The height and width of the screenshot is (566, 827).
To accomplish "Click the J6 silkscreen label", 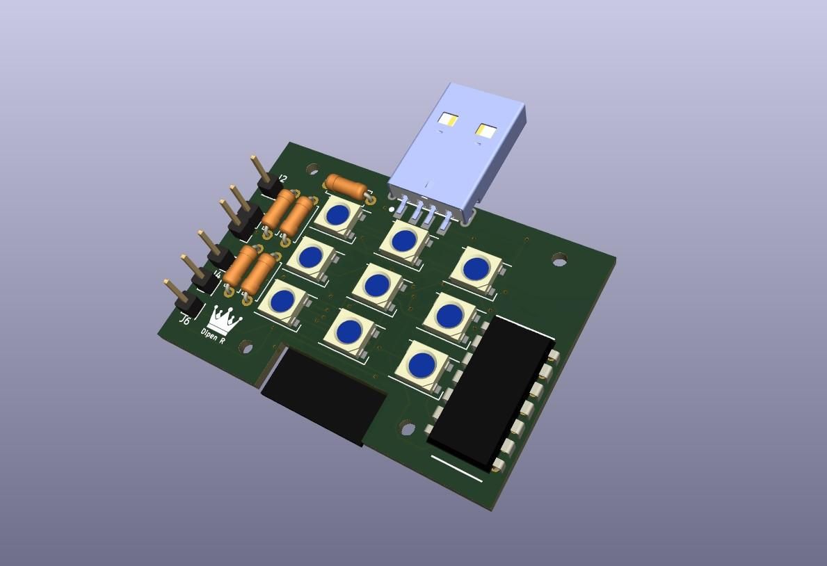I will [x=184, y=321].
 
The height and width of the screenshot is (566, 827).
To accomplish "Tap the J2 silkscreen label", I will [x=282, y=179].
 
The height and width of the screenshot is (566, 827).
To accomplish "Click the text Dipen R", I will [x=213, y=336].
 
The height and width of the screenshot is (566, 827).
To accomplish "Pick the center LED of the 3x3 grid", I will [x=377, y=284].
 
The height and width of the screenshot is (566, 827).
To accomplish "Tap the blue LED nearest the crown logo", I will [x=282, y=301].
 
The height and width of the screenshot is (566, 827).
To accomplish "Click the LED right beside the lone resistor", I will [x=337, y=215].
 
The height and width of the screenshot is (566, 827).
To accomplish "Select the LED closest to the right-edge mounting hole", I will [x=476, y=268].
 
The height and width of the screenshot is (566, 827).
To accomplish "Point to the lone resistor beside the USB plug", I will [x=346, y=187].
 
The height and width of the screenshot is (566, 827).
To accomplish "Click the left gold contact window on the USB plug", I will [x=448, y=120].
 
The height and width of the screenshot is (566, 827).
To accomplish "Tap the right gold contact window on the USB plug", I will [x=485, y=131].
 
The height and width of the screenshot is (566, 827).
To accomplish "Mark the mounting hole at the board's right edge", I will [x=559, y=260].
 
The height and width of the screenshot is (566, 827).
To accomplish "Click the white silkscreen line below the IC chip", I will [x=456, y=468].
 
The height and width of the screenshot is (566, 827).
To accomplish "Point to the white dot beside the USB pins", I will [x=392, y=209].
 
